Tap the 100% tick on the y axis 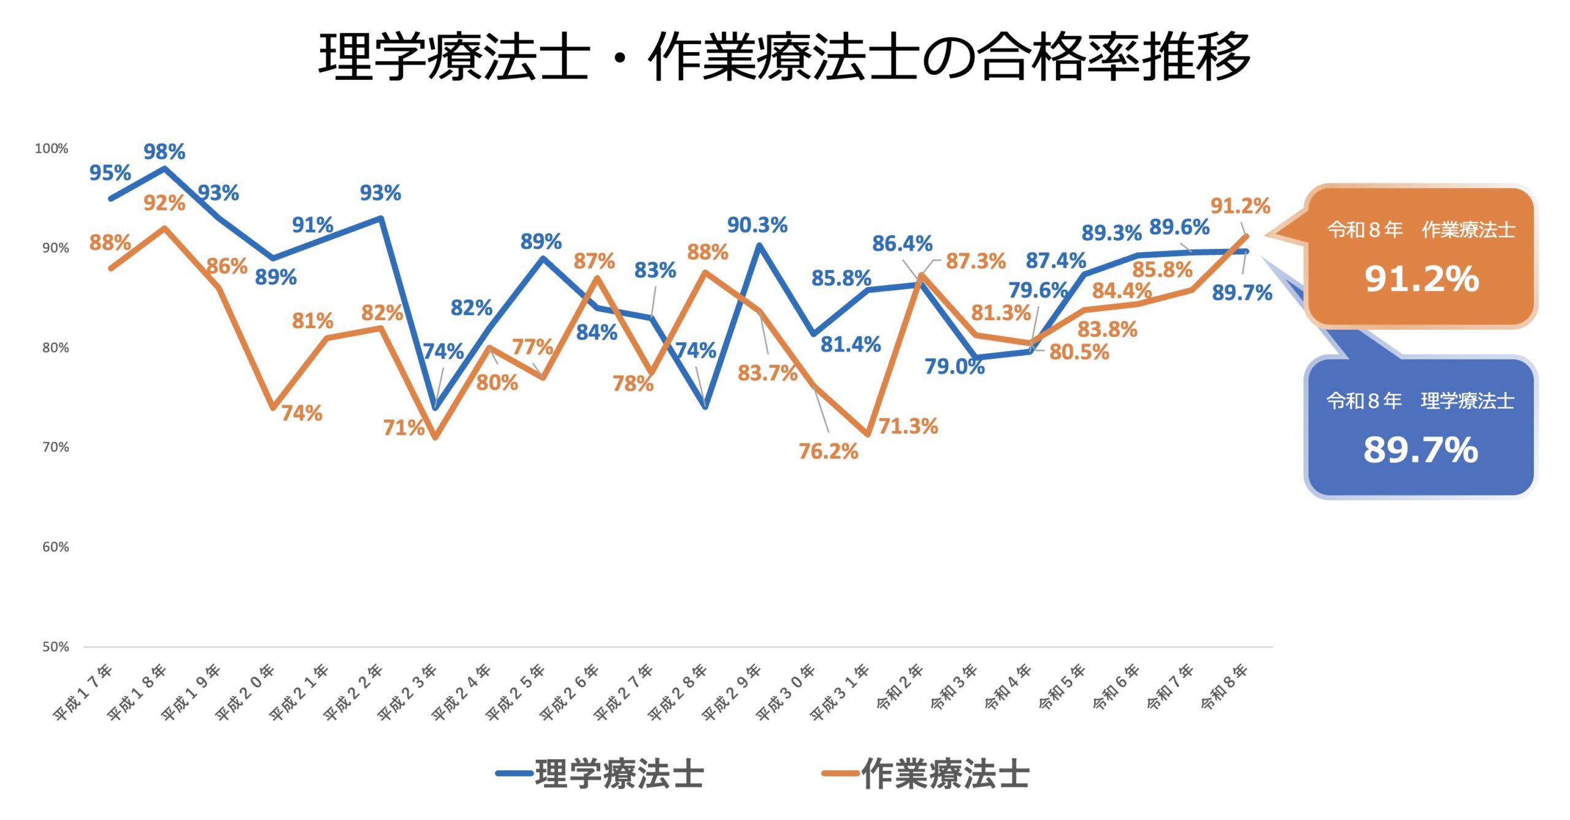click(52, 148)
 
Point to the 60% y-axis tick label click(55, 547)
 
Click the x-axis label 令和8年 click(1224, 686)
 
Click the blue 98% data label click(164, 151)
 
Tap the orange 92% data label click(164, 203)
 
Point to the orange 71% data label click(404, 427)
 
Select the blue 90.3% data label click(757, 225)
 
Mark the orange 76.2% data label click(828, 451)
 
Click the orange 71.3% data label click(908, 426)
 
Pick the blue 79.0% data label click(954, 367)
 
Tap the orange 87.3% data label click(976, 261)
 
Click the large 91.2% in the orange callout click(1422, 279)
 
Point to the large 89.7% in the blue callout click(1420, 450)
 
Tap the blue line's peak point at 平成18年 click(164, 168)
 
